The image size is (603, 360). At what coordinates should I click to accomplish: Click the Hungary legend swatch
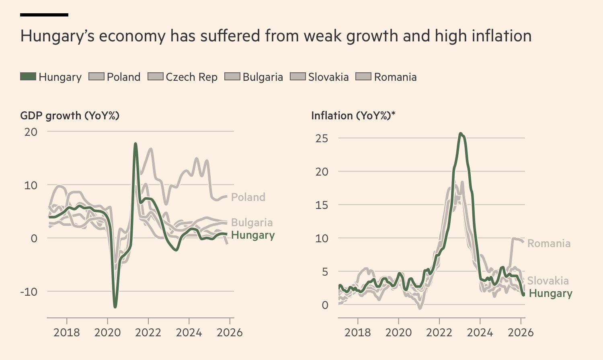point(28,76)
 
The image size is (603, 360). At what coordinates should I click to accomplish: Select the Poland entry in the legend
point(115,77)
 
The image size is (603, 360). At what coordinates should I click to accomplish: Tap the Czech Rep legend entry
point(183,77)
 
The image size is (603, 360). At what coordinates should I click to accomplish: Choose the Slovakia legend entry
point(320,77)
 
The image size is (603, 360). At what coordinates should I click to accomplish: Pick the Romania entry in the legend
point(386,77)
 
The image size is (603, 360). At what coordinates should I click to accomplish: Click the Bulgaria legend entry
point(254,77)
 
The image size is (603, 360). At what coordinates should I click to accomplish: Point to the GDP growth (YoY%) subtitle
point(70,116)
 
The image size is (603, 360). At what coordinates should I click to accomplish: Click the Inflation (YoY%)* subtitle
point(353,116)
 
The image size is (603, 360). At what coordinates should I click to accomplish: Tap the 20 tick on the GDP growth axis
point(31,132)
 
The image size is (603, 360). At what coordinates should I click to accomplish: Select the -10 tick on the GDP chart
point(29,292)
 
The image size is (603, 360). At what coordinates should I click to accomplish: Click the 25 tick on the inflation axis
point(322,139)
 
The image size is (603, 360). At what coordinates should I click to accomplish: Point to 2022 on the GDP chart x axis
point(148,333)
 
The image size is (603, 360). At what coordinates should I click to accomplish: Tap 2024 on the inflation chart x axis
point(480,333)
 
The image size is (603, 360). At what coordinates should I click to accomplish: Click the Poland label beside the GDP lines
point(248,197)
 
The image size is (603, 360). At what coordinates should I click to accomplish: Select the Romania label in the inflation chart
point(549,243)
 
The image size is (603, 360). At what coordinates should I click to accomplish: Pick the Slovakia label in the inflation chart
point(548,280)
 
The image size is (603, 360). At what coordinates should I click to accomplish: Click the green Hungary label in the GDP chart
point(253,235)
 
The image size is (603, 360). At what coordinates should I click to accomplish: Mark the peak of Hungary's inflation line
point(461,134)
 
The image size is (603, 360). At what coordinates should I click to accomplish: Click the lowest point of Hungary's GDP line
point(115,307)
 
